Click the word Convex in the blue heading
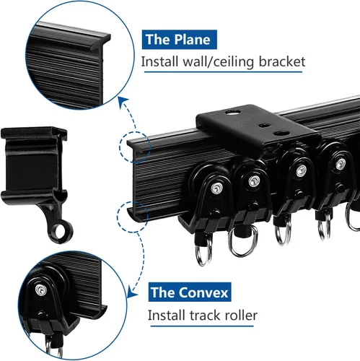[x=203, y=292]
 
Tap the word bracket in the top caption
[x=282, y=61]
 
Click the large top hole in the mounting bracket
[x=233, y=112]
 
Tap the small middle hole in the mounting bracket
[x=264, y=126]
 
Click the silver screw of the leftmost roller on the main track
[x=216, y=188]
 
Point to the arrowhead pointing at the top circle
[x=123, y=101]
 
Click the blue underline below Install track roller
[x=202, y=326]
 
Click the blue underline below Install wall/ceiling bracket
[x=223, y=71]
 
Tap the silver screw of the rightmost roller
[x=339, y=165]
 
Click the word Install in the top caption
[x=160, y=61]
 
